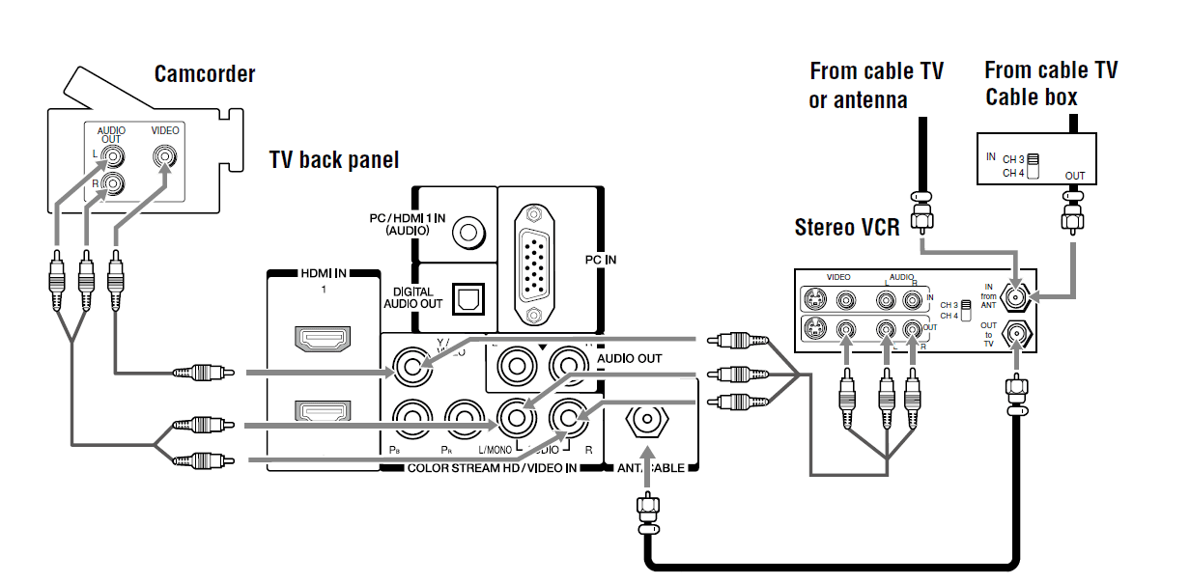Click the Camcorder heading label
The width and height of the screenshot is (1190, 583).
click(x=205, y=74)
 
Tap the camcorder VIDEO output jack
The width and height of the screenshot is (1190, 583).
click(x=165, y=155)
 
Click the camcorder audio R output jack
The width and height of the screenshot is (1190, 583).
click(x=115, y=183)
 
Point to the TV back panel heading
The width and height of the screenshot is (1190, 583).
click(x=333, y=159)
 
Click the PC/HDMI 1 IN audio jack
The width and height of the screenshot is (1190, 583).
click(x=469, y=232)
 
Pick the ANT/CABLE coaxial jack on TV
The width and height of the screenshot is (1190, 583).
click(x=645, y=422)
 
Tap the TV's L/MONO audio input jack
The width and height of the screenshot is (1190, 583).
click(x=516, y=418)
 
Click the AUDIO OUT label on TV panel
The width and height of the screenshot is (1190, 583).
click(x=630, y=358)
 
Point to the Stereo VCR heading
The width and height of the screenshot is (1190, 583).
click(x=847, y=228)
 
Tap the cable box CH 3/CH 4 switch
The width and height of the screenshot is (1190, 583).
click(x=1033, y=165)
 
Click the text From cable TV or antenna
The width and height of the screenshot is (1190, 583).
click(x=876, y=85)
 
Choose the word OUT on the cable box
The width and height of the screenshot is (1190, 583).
click(x=1075, y=176)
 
